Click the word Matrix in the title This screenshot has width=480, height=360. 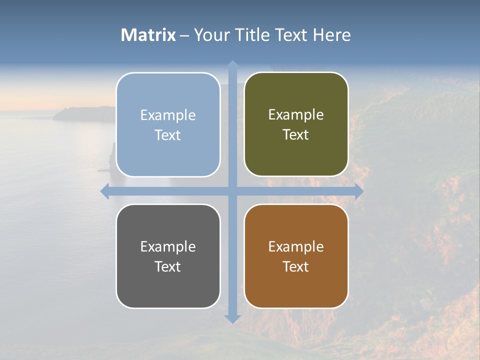click(148, 35)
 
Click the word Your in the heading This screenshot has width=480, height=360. click(210, 35)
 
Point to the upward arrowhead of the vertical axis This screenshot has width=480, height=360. click(232, 65)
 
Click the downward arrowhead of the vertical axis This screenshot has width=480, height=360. click(232, 318)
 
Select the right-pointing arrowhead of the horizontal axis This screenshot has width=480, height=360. click(358, 191)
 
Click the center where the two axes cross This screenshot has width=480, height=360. click(232, 191)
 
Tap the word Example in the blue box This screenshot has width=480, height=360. click(168, 115)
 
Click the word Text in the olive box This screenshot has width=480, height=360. click(296, 135)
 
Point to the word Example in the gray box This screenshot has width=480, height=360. click(168, 247)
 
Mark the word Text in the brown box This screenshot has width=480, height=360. click(296, 267)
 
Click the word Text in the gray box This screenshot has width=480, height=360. click(168, 267)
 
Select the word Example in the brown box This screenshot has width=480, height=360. click(296, 247)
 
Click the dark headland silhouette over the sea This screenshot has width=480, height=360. click(80, 114)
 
